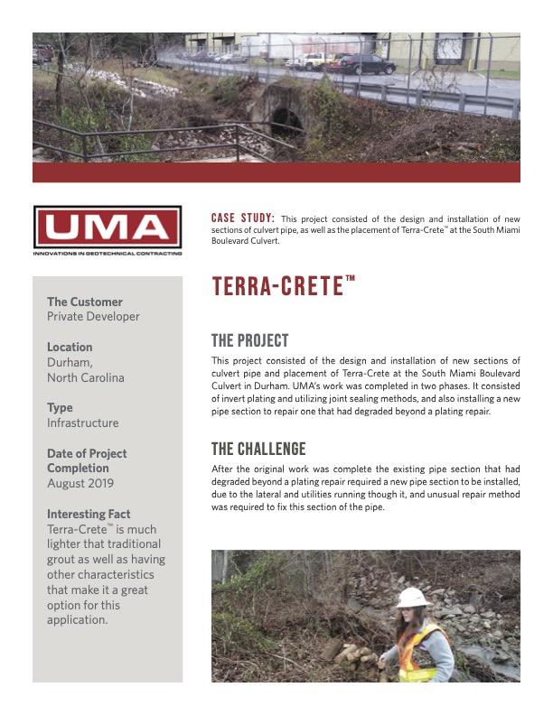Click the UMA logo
[x=108, y=227]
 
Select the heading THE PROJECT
[x=249, y=340]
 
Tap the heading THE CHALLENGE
[x=258, y=449]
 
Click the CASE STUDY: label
[x=243, y=218]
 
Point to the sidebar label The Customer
[x=85, y=302]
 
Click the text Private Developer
[x=93, y=317]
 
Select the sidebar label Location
[x=70, y=347]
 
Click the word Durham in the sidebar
[x=70, y=362]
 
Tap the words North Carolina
[x=86, y=377]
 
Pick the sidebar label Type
[x=60, y=407]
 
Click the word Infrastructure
[x=82, y=422]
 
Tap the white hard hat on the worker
[x=413, y=598]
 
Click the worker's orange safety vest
[x=417, y=656]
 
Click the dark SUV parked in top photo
[x=367, y=64]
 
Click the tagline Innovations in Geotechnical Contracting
[x=108, y=254]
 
